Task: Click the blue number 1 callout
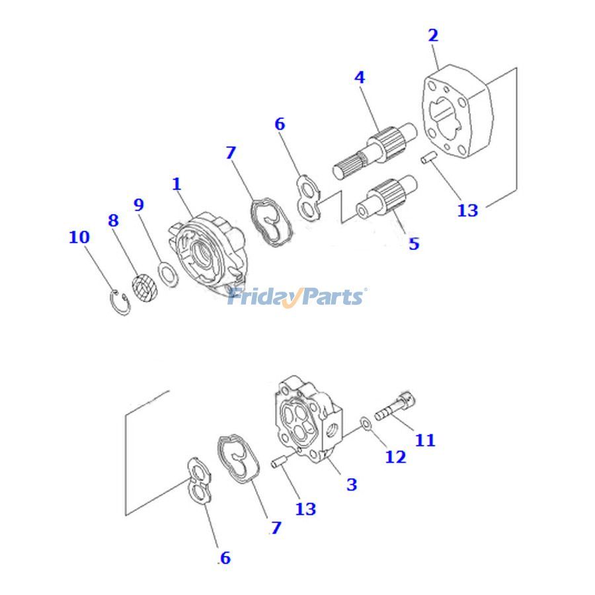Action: coord(177,184)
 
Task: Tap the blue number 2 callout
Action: coord(433,35)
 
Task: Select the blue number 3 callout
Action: coord(352,485)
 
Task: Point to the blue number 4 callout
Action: coord(359,77)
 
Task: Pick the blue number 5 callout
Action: coord(414,243)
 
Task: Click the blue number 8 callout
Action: coord(113,220)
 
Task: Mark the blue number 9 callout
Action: coord(139,204)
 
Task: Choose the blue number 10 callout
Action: coord(79,237)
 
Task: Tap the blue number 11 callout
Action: coord(424,440)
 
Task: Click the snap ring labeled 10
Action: coord(119,302)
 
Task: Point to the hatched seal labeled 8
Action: coord(144,288)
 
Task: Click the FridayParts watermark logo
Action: coord(297,296)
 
